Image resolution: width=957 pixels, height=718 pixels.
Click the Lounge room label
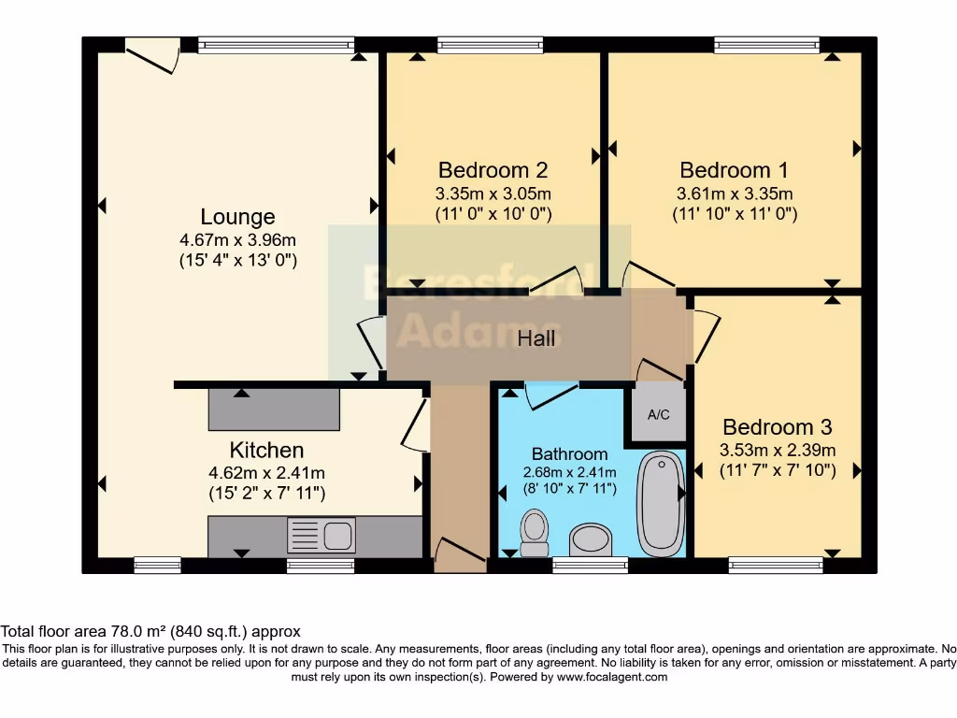[237, 218]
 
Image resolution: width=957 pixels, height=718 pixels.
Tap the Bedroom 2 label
[493, 170]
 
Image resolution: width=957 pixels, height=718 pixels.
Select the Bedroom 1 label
[734, 170]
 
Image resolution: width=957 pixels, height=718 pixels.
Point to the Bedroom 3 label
[777, 427]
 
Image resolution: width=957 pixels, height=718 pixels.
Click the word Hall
[536, 337]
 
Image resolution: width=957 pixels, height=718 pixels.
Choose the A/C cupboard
[659, 414]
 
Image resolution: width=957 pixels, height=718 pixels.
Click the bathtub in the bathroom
[661, 503]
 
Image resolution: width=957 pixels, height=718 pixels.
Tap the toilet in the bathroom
[535, 533]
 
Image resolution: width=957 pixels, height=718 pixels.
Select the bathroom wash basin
[590, 538]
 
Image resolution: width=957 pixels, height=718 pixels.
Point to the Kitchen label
[266, 451]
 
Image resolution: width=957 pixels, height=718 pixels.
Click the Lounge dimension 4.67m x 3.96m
[237, 240]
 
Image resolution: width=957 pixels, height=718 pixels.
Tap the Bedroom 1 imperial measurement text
[734, 214]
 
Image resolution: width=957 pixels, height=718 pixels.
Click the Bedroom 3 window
[776, 564]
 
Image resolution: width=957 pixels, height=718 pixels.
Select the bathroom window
[590, 564]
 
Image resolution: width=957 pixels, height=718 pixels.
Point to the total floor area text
[150, 632]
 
